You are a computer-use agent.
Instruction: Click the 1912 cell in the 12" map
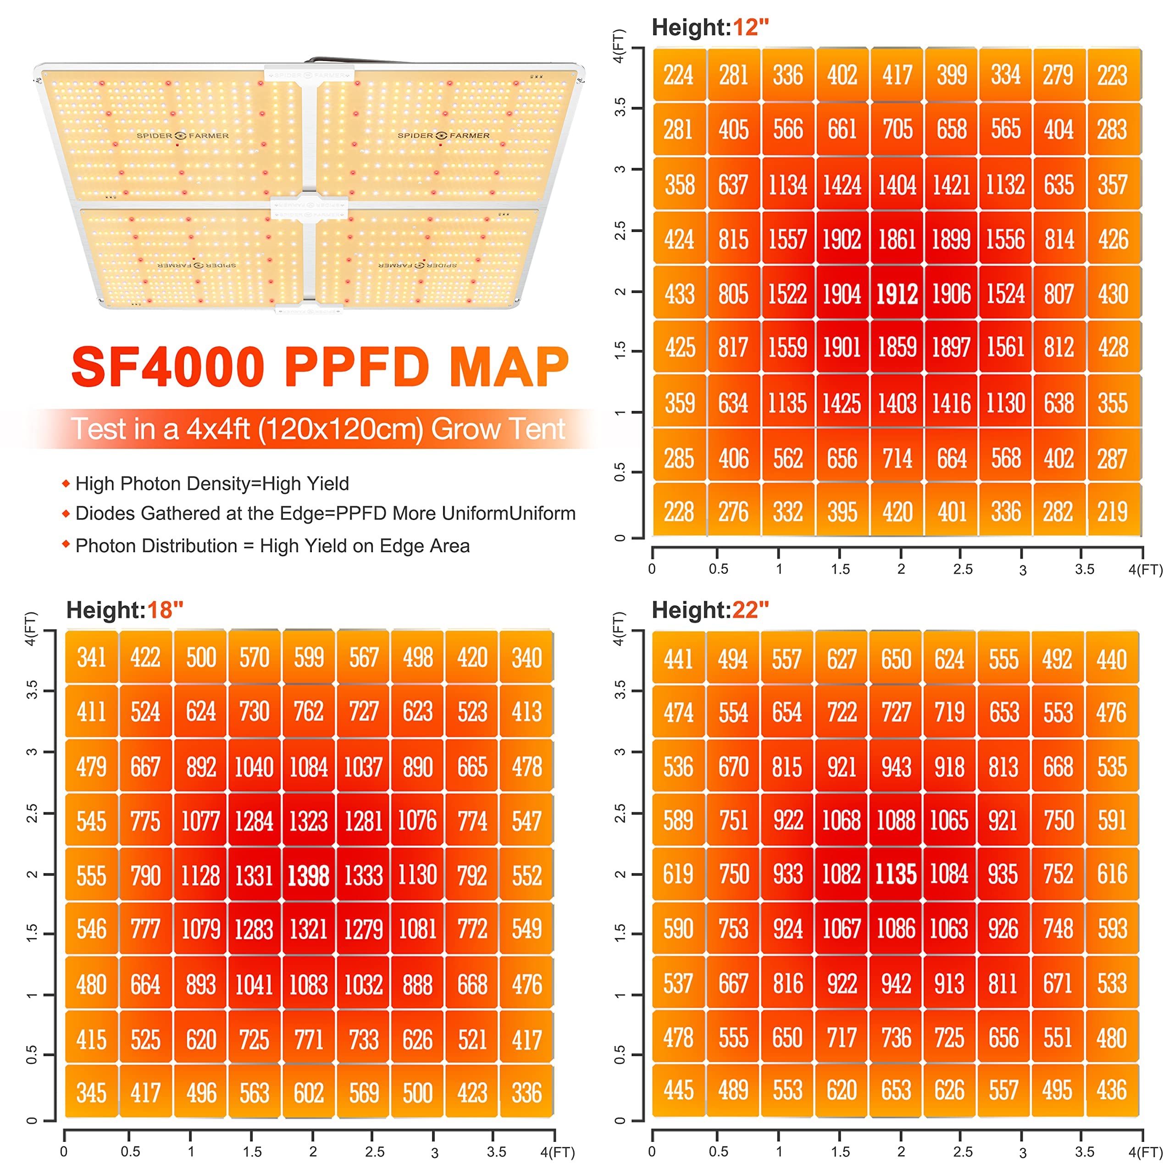coord(897,294)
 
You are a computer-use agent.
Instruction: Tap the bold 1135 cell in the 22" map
coord(896,875)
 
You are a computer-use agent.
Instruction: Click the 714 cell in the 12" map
coord(897,458)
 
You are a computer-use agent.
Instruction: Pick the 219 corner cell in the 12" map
coord(1113,512)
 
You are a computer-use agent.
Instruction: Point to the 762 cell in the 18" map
coord(309,712)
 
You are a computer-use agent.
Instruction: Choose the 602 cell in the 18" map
coord(309,1093)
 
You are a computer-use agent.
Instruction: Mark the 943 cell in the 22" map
coord(896,767)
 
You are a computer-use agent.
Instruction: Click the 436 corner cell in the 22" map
coord(1112,1090)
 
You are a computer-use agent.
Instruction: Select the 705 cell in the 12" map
coord(897,129)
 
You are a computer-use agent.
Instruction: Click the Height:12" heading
coord(710,28)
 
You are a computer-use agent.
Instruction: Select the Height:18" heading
coord(125,610)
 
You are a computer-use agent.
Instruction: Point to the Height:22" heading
coord(710,610)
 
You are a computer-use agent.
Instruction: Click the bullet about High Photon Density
coord(212,484)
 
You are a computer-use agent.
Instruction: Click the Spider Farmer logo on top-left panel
coord(183,135)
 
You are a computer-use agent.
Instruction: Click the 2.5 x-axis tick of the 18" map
coord(374,1151)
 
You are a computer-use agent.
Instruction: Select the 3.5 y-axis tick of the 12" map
coord(620,108)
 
